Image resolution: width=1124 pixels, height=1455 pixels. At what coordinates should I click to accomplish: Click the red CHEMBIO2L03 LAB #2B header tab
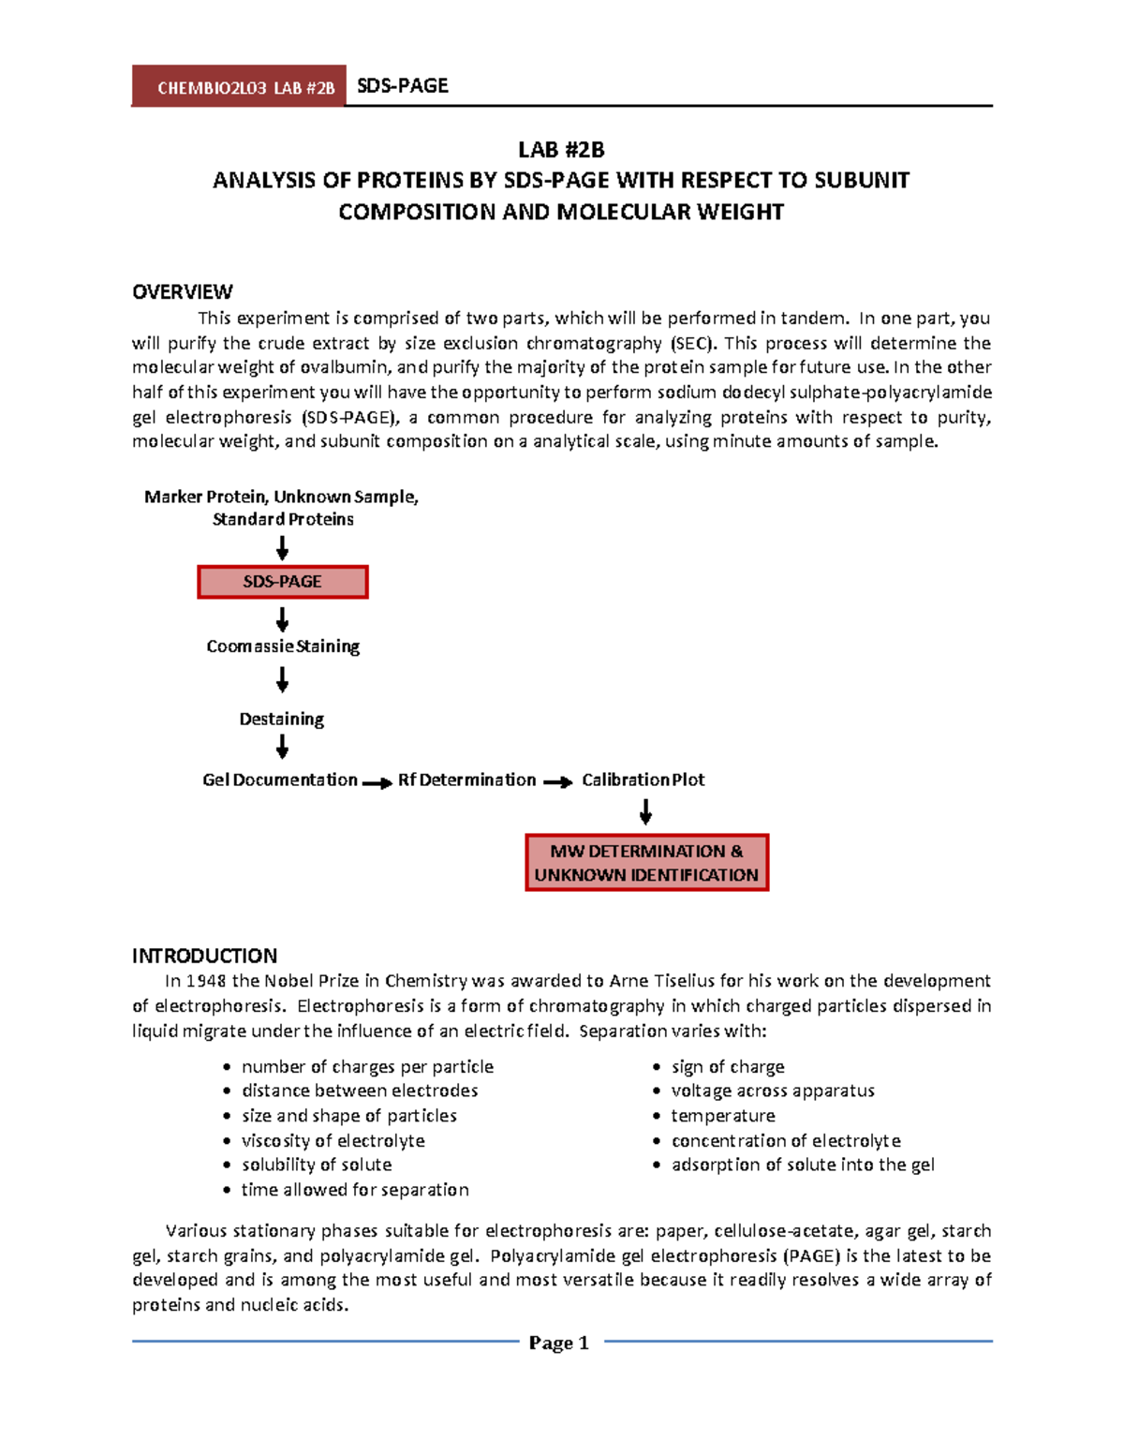tap(239, 87)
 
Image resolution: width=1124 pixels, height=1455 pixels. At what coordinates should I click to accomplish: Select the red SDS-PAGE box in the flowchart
tap(282, 582)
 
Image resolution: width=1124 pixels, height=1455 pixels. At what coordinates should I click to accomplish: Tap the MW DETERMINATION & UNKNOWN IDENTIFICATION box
tap(646, 863)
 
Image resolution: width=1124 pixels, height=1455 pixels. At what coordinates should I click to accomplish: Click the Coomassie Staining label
tap(283, 646)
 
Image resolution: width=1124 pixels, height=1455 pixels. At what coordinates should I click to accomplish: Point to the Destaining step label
tap(282, 719)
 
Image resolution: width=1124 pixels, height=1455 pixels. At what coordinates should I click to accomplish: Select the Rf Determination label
tap(466, 779)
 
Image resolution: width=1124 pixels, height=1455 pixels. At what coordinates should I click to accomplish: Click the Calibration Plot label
tap(643, 779)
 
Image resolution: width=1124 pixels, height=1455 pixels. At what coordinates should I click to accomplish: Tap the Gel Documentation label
tap(280, 779)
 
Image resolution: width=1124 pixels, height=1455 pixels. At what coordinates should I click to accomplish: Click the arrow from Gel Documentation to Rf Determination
tap(377, 783)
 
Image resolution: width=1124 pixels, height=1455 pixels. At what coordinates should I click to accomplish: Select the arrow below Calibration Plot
tap(645, 811)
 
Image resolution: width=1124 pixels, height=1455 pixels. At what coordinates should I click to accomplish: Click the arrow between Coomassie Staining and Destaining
tap(282, 680)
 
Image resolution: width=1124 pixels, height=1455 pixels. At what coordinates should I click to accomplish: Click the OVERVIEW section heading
tap(183, 291)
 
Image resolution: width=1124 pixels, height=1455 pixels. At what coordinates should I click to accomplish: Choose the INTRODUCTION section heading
tap(204, 956)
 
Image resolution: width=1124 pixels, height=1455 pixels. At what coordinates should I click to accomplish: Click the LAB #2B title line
tap(561, 150)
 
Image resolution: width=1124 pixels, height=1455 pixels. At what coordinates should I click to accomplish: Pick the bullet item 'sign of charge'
tap(728, 1066)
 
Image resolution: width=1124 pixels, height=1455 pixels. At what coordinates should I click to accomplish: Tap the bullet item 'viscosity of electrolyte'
tap(333, 1140)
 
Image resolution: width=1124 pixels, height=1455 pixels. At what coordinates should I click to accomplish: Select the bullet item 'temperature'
tap(723, 1116)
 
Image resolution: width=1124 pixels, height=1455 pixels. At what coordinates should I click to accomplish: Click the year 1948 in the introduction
tap(206, 981)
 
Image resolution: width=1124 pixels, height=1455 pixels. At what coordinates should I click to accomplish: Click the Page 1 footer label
tap(559, 1343)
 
